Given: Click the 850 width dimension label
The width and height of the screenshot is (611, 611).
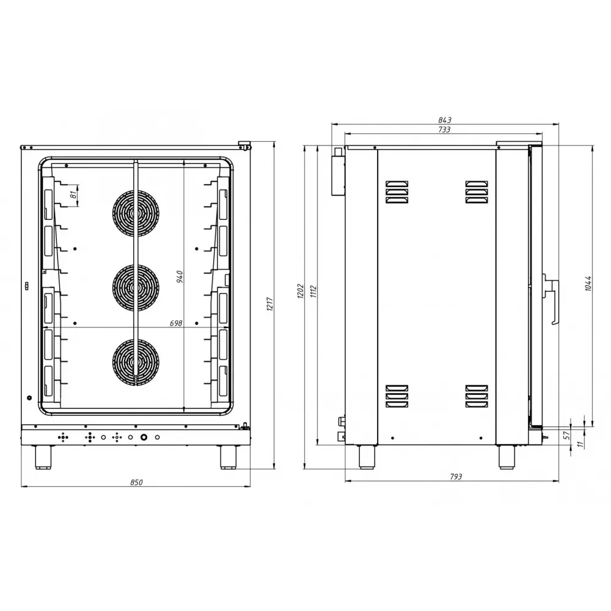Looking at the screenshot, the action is (x=136, y=483).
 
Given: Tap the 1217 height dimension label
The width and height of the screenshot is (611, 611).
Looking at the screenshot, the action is (x=270, y=304).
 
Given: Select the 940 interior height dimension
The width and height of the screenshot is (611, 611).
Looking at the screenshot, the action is (x=180, y=277).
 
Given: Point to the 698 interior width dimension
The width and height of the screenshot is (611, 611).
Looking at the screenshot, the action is (x=176, y=323).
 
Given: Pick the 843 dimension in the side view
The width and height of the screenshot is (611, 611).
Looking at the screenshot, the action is (x=445, y=120).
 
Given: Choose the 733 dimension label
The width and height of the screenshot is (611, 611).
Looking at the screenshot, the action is (x=444, y=130).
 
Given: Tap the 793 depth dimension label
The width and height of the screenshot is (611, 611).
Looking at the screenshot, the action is (x=456, y=477).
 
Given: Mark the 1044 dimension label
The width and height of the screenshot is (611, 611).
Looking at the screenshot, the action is (x=588, y=284).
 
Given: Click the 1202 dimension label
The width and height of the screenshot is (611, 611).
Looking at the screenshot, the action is (x=301, y=291).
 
